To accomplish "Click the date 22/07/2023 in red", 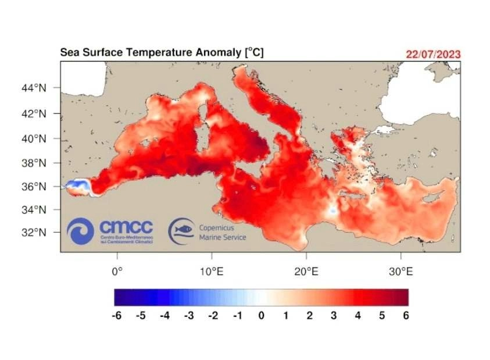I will [x=433, y=54].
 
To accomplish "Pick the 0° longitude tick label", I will [x=117, y=272].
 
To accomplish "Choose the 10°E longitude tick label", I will [x=211, y=272].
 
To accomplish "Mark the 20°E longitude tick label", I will [x=306, y=272].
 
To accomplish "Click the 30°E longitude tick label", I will [x=400, y=272].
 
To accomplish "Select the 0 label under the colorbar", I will [x=262, y=316].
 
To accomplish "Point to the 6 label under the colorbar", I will [x=405, y=316].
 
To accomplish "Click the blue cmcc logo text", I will [x=126, y=226].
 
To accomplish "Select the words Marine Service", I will [x=223, y=237].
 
